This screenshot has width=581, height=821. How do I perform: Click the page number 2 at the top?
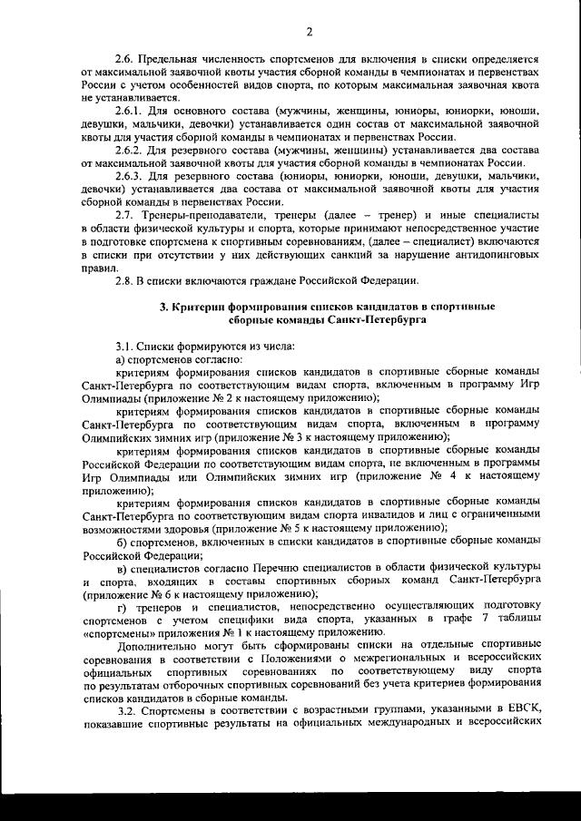pos(309,33)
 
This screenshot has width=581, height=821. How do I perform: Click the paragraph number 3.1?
pos(125,347)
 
